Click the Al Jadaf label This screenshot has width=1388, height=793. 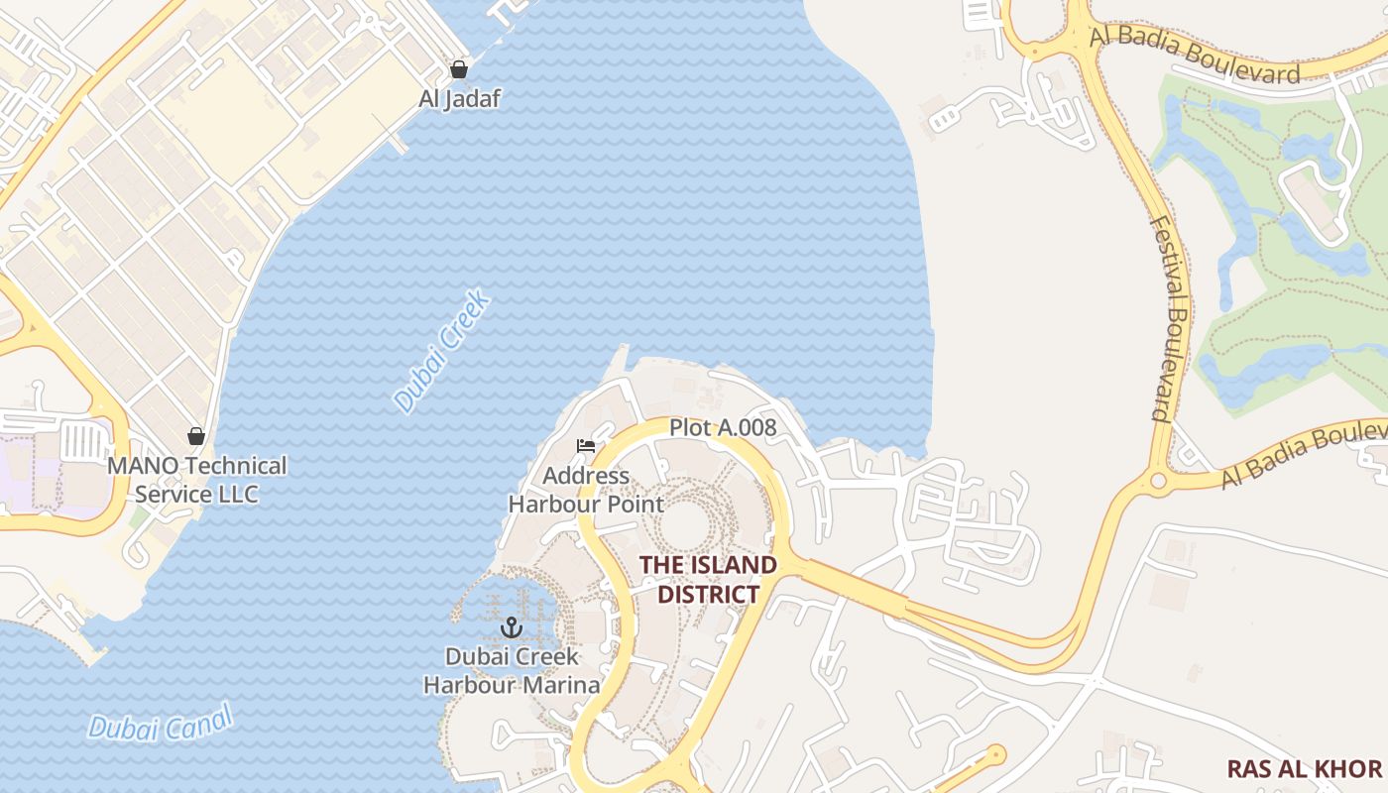coord(459,98)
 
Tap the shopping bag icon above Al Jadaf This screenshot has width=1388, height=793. coord(459,69)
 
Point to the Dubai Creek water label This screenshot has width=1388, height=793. coord(442,351)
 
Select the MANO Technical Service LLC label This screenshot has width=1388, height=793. coord(196,480)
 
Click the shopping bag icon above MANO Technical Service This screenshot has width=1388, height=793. coord(196,436)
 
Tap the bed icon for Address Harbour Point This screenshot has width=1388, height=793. coord(586,446)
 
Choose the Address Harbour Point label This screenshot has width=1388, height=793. coord(586,490)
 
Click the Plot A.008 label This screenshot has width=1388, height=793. coord(723,428)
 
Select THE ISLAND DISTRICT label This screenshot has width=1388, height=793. coord(708,580)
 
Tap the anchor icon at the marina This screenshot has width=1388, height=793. coord(512,626)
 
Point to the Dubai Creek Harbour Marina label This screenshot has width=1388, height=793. coord(512,670)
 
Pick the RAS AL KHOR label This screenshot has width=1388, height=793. coord(1304,769)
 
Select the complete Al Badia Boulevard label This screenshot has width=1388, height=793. coord(1194,55)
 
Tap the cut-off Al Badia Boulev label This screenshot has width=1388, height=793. coord(1303,455)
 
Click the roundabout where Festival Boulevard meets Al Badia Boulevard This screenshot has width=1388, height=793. coord(1157,483)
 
